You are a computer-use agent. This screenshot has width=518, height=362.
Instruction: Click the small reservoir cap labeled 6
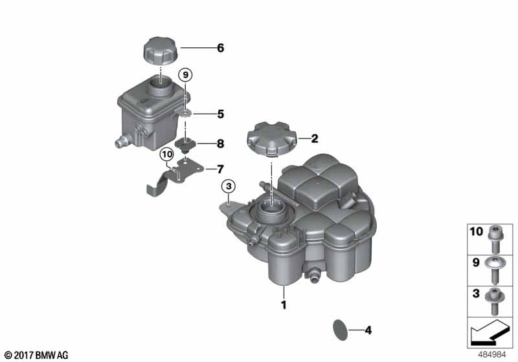click(161, 52)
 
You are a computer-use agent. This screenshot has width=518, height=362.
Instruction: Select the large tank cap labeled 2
click(271, 139)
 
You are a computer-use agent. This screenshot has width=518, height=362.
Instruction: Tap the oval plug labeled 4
click(340, 330)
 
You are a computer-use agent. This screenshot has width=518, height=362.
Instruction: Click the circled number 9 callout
click(185, 75)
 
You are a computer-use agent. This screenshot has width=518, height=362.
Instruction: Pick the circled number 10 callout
click(167, 154)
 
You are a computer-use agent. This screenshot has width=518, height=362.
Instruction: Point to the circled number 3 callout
click(229, 187)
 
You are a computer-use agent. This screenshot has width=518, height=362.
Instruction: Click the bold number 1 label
click(284, 305)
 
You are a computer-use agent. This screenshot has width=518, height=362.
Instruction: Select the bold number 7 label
click(220, 169)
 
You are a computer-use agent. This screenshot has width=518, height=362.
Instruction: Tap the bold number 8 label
click(220, 144)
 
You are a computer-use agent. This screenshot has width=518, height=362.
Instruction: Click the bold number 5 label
click(220, 114)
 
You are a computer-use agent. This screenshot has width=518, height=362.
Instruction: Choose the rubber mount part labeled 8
click(185, 145)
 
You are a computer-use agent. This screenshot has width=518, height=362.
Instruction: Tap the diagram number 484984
click(492, 355)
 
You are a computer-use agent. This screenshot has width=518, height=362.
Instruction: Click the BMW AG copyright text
click(36, 356)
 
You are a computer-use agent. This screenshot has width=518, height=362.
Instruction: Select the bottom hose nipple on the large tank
click(315, 274)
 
